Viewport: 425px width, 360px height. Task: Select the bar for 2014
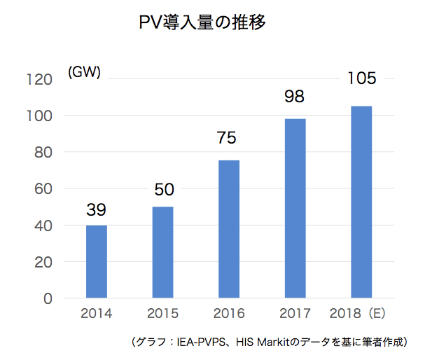point(97,261)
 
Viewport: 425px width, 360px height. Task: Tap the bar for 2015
point(162,252)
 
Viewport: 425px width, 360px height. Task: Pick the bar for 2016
point(229,229)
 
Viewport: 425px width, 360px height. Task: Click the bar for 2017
point(295,208)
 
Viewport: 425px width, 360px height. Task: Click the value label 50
point(163,189)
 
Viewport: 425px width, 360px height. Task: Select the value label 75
point(229,139)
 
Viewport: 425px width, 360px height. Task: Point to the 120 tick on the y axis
point(41,79)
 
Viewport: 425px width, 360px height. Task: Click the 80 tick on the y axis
point(44,152)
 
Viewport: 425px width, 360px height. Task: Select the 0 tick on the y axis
point(48,298)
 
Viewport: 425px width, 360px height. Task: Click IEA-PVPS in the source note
point(197,342)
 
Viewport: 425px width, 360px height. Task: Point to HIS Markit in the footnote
point(266,342)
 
